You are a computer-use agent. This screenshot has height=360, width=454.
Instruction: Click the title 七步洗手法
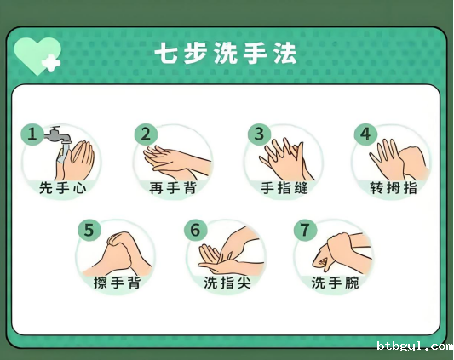226,54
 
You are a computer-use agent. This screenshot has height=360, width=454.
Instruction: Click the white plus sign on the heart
51,63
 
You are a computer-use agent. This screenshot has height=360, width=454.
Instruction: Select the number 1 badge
32,134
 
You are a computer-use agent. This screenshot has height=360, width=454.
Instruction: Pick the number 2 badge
146,134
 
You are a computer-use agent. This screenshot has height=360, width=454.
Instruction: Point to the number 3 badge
259,134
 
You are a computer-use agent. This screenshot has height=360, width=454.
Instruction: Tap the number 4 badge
365,134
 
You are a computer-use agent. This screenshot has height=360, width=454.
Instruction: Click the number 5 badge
89,230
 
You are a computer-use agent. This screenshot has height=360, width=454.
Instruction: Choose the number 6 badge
195,230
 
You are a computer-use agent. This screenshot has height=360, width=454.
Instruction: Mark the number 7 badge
305,230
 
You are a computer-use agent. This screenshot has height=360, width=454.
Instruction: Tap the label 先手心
62,188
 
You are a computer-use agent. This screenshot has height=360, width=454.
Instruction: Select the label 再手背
173,188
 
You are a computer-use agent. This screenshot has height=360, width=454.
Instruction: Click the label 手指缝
284,188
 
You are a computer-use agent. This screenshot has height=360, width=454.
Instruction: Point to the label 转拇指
394,188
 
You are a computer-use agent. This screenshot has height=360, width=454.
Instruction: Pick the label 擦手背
118,283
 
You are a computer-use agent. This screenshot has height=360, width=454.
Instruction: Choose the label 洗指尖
227,283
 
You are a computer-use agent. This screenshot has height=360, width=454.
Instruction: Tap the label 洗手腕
336,283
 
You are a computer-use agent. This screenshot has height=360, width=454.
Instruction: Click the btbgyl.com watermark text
415,346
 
